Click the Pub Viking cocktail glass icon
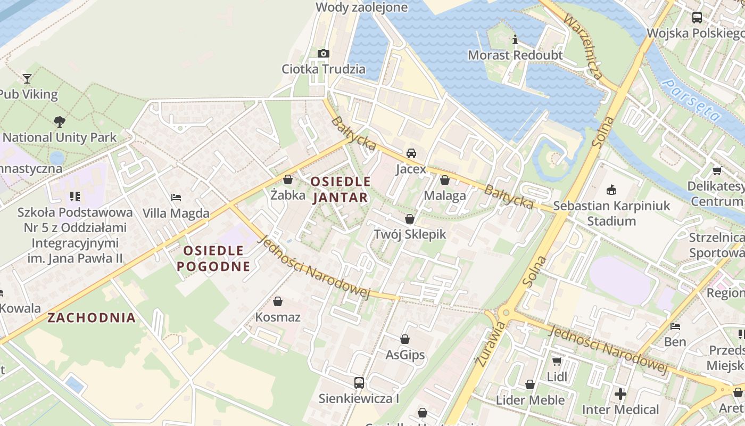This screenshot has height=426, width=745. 27,79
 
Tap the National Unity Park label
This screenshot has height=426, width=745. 60,137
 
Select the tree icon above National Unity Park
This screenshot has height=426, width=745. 60,122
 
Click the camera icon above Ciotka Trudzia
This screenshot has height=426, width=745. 324,53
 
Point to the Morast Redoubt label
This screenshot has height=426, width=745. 515,55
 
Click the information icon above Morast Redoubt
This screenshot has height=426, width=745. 515,39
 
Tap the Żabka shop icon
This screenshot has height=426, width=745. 288,179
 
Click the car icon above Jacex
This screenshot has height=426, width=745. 411,153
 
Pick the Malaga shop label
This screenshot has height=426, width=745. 445,195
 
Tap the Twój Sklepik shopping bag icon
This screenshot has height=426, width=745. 410,219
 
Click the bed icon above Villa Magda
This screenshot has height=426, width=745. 176,198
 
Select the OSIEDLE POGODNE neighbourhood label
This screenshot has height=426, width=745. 213,258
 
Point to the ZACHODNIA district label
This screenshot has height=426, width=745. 92,318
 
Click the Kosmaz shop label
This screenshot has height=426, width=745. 278,317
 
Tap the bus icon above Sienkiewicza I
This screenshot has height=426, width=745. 359,382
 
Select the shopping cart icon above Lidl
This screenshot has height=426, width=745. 557,362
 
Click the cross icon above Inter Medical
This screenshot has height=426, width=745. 620,394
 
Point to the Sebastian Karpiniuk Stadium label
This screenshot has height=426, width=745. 611,213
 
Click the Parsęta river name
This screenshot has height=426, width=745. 692,100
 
